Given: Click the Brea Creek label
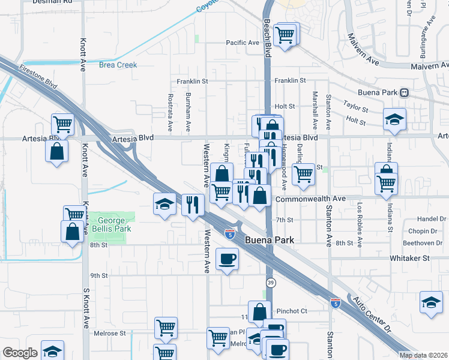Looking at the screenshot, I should pyautogui.click(x=118, y=65).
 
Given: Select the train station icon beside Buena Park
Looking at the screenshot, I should pyautogui.click(x=405, y=93).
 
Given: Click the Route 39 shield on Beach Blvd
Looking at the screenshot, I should pyautogui.click(x=271, y=282).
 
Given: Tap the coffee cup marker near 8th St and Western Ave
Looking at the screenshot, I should pyautogui.click(x=227, y=259).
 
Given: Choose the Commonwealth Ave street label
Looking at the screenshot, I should pyautogui.click(x=310, y=198).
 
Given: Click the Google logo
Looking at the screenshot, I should pyautogui.click(x=20, y=353).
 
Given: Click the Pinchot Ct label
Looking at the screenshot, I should pyautogui.click(x=292, y=311).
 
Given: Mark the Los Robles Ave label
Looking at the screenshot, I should pyautogui.click(x=360, y=216).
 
